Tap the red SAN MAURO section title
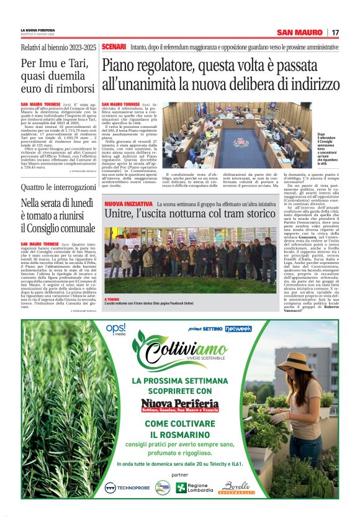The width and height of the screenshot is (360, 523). click(300, 32)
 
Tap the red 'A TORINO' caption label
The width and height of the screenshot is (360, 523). click(112, 299)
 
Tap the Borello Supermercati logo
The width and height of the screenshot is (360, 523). click(236, 488)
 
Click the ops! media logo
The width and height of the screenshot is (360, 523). click(116, 329)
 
